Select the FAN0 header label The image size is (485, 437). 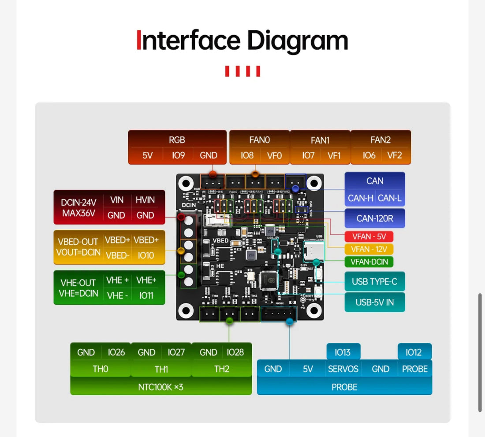259,140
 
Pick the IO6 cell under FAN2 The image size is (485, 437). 369,155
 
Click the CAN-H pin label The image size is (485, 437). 360,198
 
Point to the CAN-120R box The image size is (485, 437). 375,218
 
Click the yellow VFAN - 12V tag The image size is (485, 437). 369,249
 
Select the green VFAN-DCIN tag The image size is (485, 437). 369,262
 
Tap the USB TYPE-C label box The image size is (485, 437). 375,282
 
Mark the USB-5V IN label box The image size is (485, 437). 375,302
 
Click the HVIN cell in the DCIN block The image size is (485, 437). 145,200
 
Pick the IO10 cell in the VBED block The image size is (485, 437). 146,255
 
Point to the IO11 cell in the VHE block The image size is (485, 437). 146,295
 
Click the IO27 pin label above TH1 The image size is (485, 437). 176,352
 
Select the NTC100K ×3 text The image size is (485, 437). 160,387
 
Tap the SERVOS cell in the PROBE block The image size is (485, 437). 343,369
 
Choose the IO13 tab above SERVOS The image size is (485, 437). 343,352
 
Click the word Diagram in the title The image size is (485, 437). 298,40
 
